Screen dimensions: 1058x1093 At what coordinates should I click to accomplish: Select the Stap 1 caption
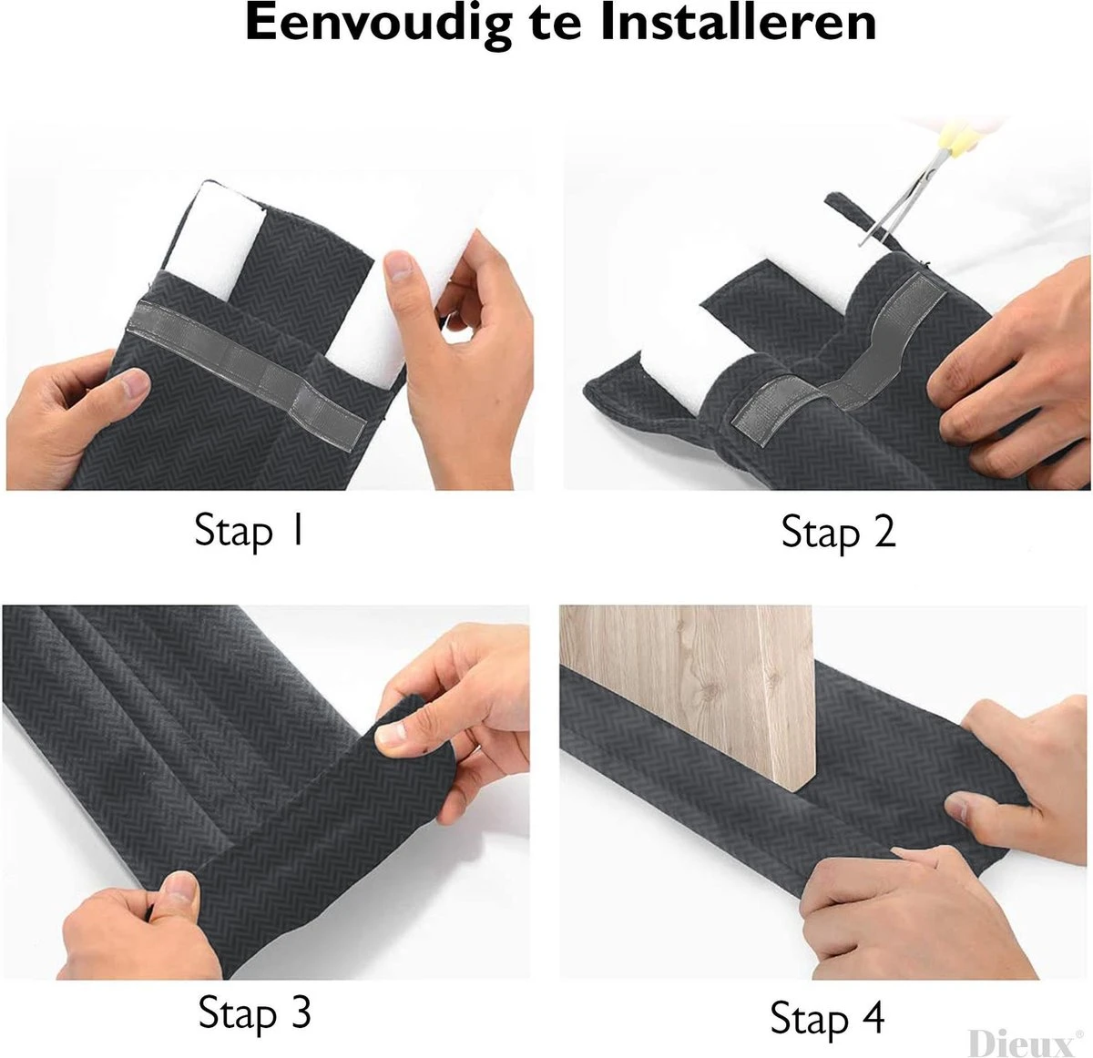[249, 530]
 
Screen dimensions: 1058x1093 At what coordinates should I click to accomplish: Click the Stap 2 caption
[838, 532]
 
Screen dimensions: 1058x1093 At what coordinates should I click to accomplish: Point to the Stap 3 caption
[254, 1012]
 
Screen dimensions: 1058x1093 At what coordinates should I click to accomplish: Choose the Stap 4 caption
[827, 1017]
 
